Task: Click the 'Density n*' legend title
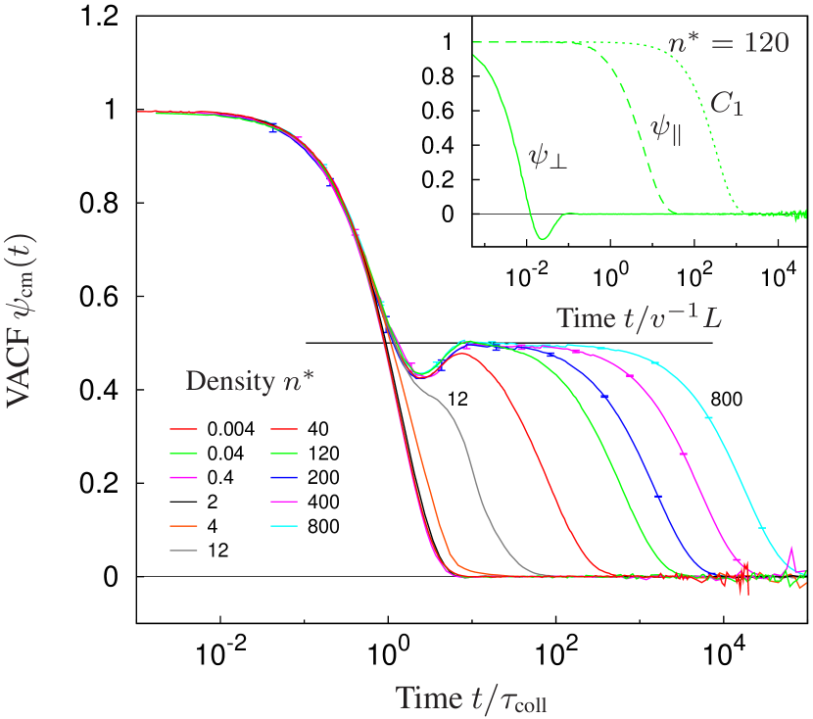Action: point(256,382)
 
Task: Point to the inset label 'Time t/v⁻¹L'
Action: point(639,317)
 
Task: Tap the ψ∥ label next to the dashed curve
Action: point(666,130)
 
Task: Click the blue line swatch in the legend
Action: point(283,477)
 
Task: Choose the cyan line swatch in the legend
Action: point(283,526)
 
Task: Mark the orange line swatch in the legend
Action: point(183,526)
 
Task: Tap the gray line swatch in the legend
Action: point(183,551)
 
